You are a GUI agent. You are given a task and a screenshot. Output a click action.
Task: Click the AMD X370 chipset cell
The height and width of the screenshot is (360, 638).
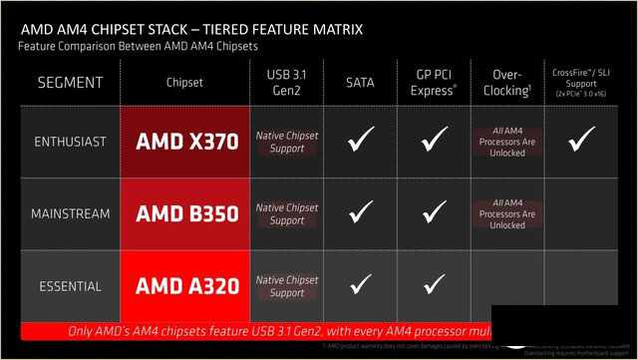pyautogui.click(x=186, y=141)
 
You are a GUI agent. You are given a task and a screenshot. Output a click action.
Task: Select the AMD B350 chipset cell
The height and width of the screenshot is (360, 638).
pyautogui.click(x=186, y=212)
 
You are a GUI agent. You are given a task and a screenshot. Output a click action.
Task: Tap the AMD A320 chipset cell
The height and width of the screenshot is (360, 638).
pyautogui.click(x=186, y=286)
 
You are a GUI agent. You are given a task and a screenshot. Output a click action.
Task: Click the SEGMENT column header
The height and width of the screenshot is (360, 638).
pyautogui.click(x=69, y=81)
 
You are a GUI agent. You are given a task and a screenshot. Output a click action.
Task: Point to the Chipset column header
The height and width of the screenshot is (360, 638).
pyautogui.click(x=186, y=81)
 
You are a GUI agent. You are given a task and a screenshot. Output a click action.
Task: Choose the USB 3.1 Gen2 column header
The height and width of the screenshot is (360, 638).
pyautogui.click(x=287, y=81)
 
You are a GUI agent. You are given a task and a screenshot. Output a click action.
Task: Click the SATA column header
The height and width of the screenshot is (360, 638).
pyautogui.click(x=361, y=81)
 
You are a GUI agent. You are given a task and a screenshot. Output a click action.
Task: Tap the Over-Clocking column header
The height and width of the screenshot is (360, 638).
pyautogui.click(x=508, y=81)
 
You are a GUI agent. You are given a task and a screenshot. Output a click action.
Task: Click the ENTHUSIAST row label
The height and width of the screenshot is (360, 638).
pyautogui.click(x=69, y=142)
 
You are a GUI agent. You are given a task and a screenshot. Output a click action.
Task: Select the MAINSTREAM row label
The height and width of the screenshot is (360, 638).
pyautogui.click(x=69, y=213)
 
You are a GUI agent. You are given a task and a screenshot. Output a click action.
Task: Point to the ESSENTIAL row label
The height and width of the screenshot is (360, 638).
pyautogui.click(x=69, y=286)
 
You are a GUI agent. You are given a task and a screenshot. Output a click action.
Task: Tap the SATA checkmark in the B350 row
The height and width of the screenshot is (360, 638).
pyautogui.click(x=361, y=212)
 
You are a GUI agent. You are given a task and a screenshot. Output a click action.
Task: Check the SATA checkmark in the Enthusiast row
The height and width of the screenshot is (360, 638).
pyautogui.click(x=361, y=141)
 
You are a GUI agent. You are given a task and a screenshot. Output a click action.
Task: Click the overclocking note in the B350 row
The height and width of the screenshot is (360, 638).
pyautogui.click(x=508, y=213)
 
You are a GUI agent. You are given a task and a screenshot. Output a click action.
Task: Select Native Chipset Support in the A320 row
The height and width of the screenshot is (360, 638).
pyautogui.click(x=287, y=286)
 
